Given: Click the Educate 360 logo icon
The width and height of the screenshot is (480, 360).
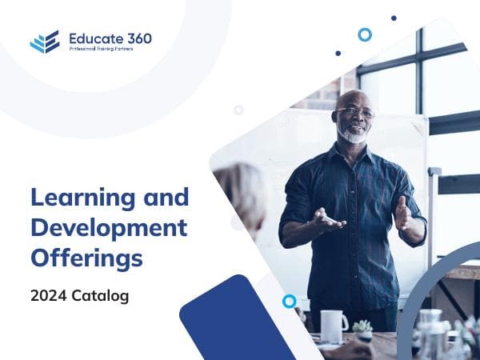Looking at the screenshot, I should pos(45,42).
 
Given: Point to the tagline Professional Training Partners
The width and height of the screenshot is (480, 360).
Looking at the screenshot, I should pos(101,50).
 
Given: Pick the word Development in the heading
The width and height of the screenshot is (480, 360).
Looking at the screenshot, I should pos(109,227).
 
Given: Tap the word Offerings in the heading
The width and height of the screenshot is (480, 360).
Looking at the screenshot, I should pos(86,258).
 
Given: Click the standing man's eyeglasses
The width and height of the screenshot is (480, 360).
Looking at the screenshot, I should pos(355,113).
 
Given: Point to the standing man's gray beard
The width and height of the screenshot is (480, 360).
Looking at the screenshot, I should pos(353,134).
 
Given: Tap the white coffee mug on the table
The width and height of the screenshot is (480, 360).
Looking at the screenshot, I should pos(333,326).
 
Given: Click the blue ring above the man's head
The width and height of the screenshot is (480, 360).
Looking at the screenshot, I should pos(365,34).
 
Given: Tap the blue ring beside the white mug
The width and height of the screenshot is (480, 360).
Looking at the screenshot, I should pos(289,301).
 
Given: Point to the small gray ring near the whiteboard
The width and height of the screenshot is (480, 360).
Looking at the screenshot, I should pos(238,110).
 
